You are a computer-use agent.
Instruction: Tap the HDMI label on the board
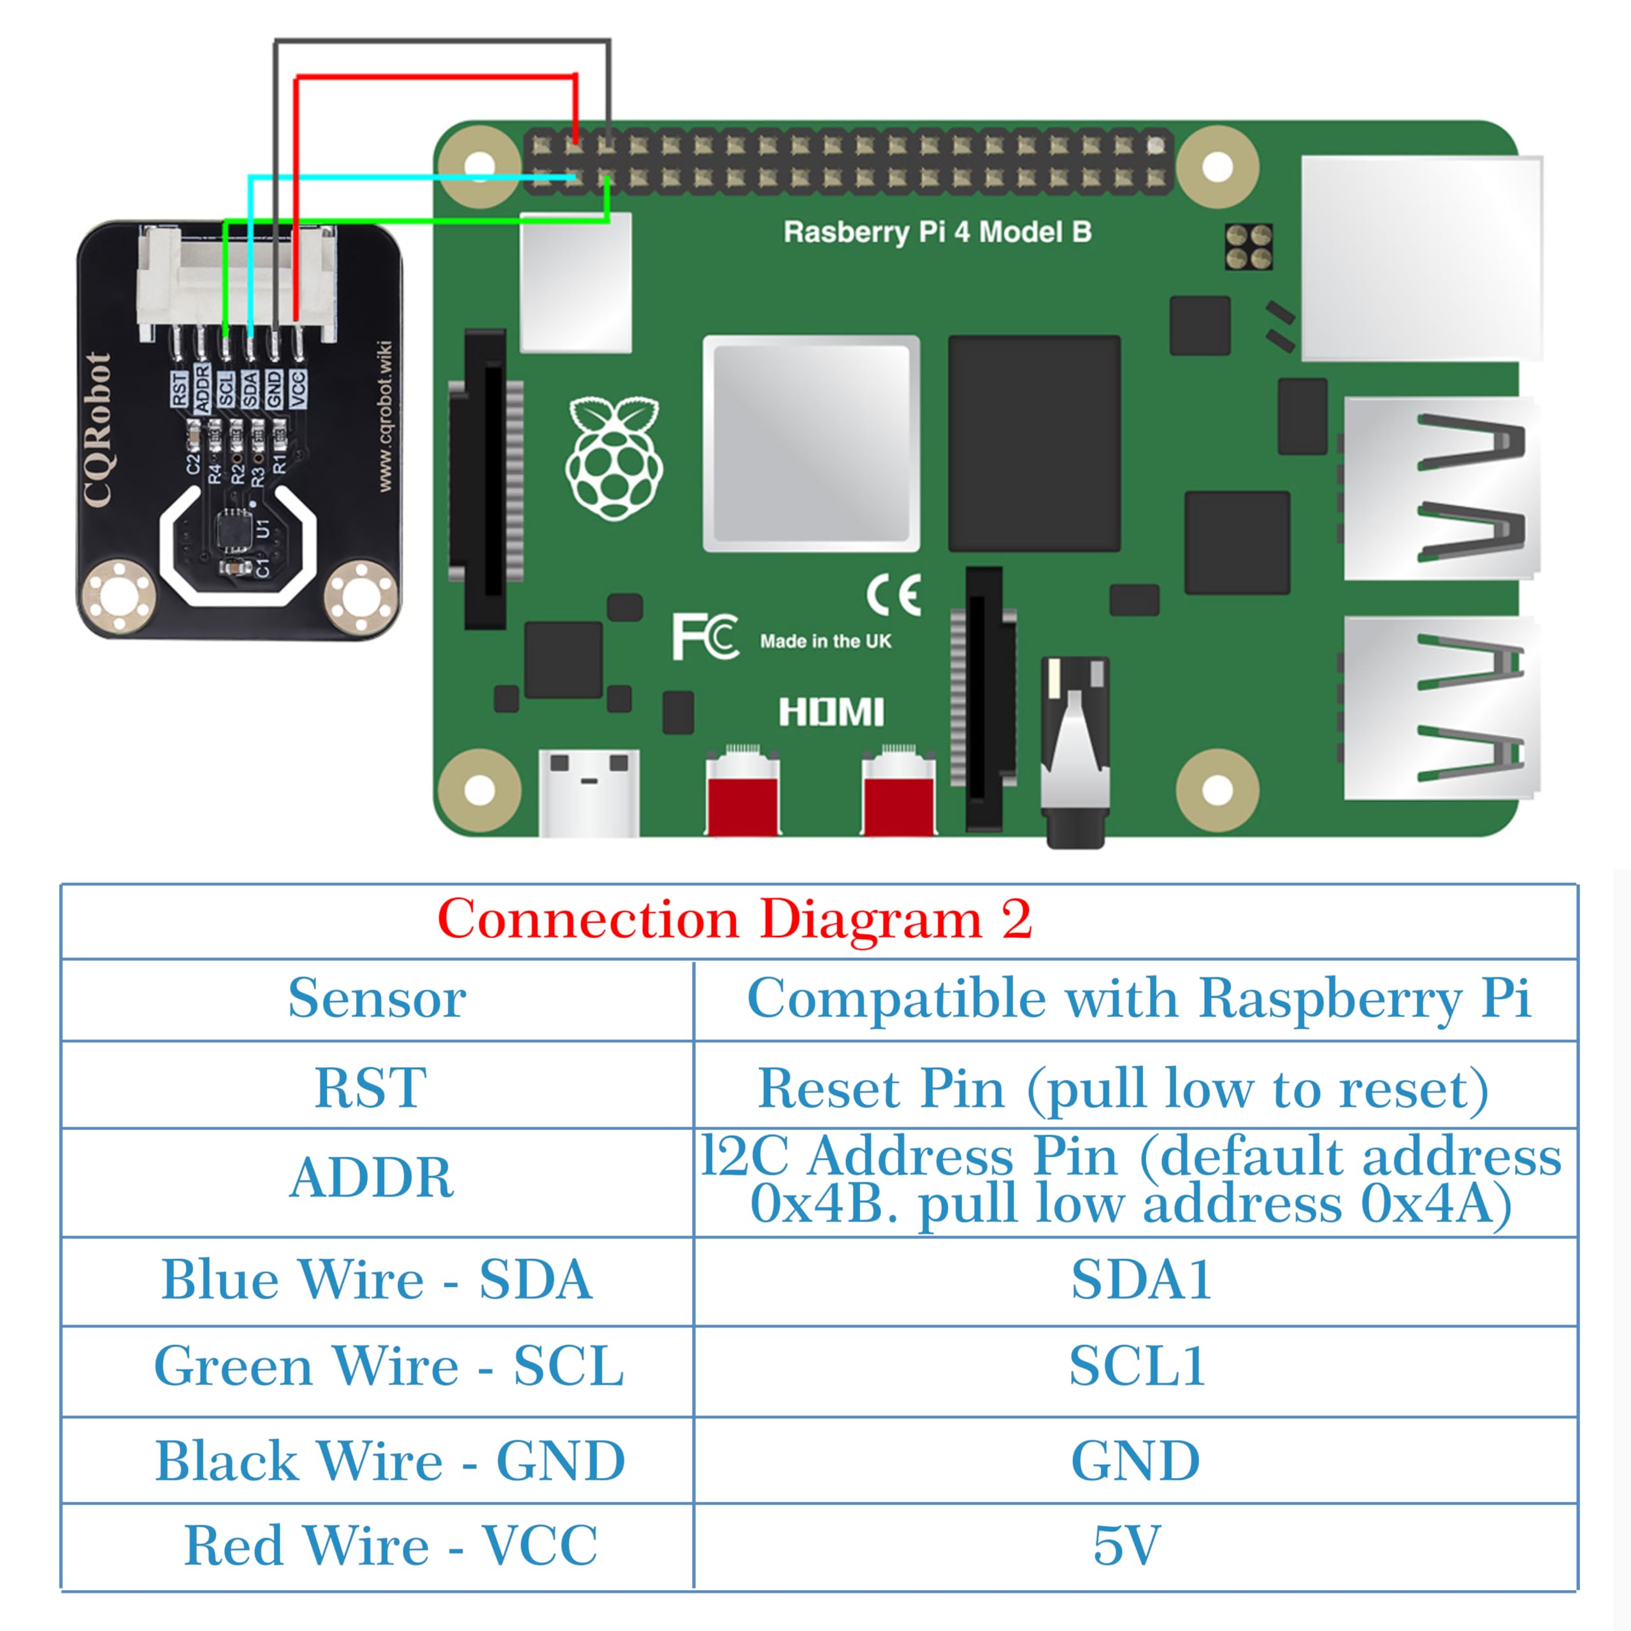pyautogui.click(x=831, y=712)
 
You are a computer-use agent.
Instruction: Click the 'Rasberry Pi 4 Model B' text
pyautogui.click(x=937, y=232)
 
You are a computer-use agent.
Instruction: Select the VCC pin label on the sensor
pyautogui.click(x=297, y=389)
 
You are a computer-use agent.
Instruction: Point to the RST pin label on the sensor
pyautogui.click(x=179, y=389)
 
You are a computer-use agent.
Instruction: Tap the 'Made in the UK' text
pyautogui.click(x=826, y=642)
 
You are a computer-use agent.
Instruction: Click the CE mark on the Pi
pyautogui.click(x=893, y=595)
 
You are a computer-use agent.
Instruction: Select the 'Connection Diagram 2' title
pyautogui.click(x=735, y=919)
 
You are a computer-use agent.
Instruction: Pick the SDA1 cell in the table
pyautogui.click(x=1140, y=1280)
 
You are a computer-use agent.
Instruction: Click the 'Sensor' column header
pyautogui.click(x=377, y=999)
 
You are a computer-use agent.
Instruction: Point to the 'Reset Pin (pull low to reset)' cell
pyautogui.click(x=1123, y=1089)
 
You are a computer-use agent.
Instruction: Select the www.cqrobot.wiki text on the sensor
pyautogui.click(x=384, y=417)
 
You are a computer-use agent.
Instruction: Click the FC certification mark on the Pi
pyautogui.click(x=705, y=637)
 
